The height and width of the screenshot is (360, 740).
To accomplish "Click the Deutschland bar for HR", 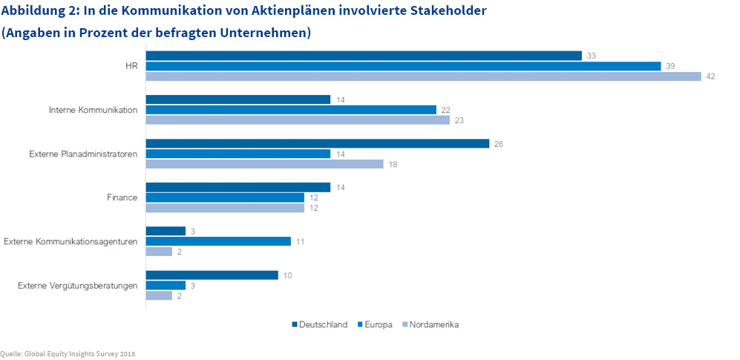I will [x=363, y=56].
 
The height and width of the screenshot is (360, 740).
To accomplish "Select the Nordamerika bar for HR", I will [x=423, y=76].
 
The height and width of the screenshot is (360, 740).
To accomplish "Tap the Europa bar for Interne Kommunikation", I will [x=291, y=110].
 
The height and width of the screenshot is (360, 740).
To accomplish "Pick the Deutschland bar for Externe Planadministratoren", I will [x=317, y=143].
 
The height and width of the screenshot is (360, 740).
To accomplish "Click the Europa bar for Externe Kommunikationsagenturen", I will [x=218, y=241].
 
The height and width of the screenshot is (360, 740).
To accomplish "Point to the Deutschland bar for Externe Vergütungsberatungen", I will [x=212, y=275].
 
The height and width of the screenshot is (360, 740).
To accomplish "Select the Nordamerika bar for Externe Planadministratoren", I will [x=264, y=164].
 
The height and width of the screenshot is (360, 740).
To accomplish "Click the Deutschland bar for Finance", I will [x=238, y=187].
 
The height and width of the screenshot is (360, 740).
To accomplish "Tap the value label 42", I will [x=710, y=76].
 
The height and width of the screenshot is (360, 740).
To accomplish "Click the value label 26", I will [x=498, y=143].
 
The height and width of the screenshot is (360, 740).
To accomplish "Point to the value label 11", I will [x=301, y=241].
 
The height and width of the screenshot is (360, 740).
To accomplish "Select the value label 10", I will [x=287, y=275].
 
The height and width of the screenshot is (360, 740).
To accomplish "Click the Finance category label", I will [x=122, y=197].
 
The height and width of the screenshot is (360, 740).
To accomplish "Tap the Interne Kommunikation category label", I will [x=93, y=110].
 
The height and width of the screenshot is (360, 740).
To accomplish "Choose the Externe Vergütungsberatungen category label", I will [x=78, y=285].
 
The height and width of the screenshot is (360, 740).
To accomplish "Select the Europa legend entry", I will [x=376, y=324].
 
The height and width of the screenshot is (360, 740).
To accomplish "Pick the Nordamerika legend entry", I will [x=433, y=324].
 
